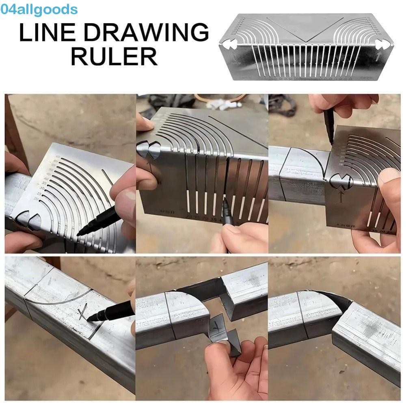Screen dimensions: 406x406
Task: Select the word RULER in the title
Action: click(114, 56)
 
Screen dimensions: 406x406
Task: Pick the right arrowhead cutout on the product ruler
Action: click(382, 44)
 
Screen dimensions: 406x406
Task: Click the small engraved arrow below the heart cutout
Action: click(340, 197)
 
